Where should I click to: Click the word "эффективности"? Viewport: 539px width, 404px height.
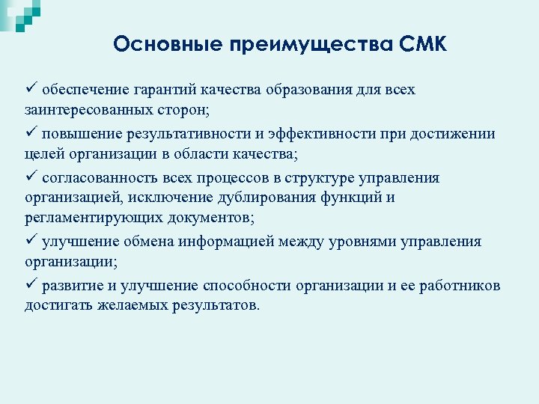(323, 135)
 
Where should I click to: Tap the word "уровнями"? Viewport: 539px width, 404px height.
(356, 242)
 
